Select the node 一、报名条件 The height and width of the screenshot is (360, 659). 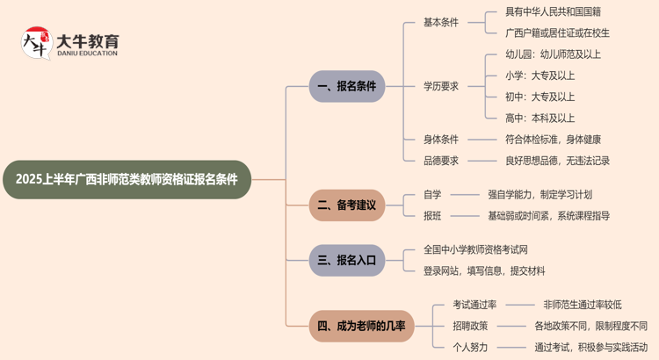click(x=347, y=86)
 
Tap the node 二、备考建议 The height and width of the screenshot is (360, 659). click(x=347, y=205)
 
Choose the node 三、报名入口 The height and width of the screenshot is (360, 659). click(x=347, y=260)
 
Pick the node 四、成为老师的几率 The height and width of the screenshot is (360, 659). click(x=361, y=327)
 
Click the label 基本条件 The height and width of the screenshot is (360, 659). click(x=441, y=22)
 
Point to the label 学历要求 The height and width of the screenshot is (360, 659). click(x=441, y=86)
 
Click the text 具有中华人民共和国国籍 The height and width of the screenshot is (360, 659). click(x=554, y=12)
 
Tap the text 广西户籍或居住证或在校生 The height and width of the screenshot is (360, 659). click(x=557, y=33)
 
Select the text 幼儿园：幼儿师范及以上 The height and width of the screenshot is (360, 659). click(x=554, y=54)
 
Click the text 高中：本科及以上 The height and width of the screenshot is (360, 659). click(x=540, y=118)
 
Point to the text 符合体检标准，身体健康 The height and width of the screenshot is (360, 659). click(x=554, y=139)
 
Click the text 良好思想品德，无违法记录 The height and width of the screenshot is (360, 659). click(x=557, y=161)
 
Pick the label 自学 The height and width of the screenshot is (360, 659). click(x=432, y=194)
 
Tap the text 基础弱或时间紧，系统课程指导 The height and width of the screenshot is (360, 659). click(x=548, y=215)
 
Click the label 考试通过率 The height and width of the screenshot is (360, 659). click(x=474, y=305)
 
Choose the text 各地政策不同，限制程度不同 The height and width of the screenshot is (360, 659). click(x=590, y=326)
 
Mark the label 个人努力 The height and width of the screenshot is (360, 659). click(x=470, y=347)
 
